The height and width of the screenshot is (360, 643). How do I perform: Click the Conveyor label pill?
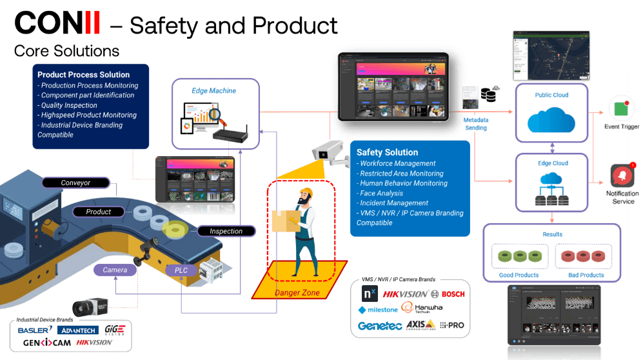tap(75, 183)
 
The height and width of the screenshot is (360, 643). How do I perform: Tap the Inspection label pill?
tap(226, 231)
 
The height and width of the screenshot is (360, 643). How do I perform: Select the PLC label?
tap(181, 270)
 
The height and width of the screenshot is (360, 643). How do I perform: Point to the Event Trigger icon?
tap(621, 108)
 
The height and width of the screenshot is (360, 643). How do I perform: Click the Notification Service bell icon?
tap(622, 175)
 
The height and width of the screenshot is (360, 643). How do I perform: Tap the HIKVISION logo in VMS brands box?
tap(405, 294)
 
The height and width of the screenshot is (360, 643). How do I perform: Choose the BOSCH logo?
tap(453, 294)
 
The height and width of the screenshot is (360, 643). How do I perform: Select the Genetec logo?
tap(380, 326)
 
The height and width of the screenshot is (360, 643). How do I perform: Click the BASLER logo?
tap(35, 330)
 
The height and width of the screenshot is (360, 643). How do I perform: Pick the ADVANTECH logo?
tap(77, 330)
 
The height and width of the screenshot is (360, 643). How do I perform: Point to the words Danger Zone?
tap(297, 292)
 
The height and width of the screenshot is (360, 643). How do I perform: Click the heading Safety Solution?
tap(387, 152)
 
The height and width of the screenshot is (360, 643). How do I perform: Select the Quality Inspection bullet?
tap(67, 105)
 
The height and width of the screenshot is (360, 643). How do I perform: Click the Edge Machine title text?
tap(213, 90)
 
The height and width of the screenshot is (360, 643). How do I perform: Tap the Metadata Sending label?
tap(476, 124)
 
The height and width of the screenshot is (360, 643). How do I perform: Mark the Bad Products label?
tap(587, 275)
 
